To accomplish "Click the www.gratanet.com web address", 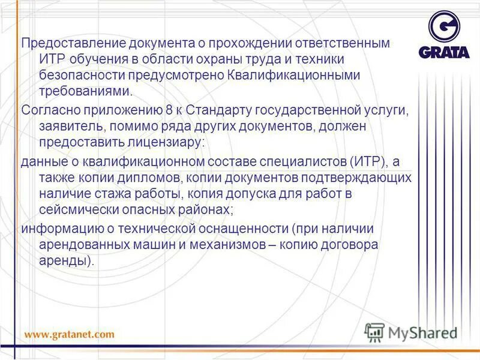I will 69,334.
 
